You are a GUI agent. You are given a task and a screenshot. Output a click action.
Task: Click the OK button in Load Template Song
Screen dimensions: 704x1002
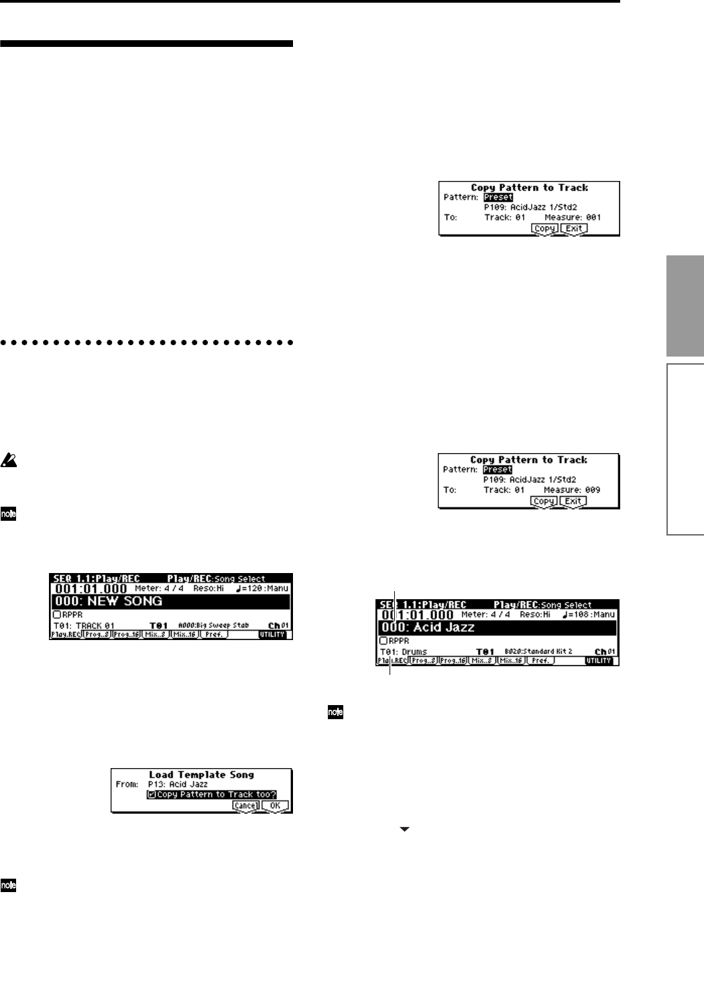tap(276, 806)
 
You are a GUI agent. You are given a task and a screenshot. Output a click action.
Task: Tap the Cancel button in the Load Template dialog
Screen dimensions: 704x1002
tap(245, 806)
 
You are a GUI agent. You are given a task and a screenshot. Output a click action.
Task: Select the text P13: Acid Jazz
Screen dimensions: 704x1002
tap(178, 784)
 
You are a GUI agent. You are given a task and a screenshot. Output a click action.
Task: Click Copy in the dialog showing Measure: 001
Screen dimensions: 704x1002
tap(544, 229)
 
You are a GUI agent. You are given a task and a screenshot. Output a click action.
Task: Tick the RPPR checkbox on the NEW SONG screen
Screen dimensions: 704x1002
tap(56, 614)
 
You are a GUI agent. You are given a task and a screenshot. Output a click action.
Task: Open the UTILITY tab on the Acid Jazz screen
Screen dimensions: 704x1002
tap(599, 661)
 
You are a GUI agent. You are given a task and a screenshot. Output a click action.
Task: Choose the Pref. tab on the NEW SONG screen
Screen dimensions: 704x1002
tap(215, 634)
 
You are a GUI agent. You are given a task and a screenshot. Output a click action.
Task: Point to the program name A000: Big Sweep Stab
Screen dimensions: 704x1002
tap(213, 625)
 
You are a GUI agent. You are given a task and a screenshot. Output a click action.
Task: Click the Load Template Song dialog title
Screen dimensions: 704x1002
tap(201, 775)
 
